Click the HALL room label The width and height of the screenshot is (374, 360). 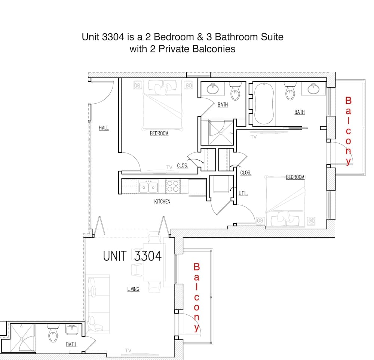click(x=104, y=128)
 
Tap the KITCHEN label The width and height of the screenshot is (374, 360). click(x=162, y=201)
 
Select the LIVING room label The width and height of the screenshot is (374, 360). click(x=133, y=289)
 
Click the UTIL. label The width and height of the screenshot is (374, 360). click(x=243, y=193)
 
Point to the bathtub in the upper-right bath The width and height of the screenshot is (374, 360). click(x=264, y=104)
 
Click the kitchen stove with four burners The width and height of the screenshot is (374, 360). click(x=173, y=186)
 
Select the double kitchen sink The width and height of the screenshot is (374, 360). click(x=148, y=186)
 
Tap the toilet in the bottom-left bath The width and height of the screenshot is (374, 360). click(x=53, y=333)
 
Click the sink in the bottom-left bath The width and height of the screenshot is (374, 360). click(x=72, y=330)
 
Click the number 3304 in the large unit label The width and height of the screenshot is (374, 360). click(x=148, y=256)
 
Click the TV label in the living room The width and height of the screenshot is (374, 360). click(x=128, y=350)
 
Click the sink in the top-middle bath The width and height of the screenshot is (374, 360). click(x=212, y=89)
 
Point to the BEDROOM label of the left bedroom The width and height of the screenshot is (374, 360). click(x=159, y=133)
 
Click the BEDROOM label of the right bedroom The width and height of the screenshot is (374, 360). click(x=295, y=177)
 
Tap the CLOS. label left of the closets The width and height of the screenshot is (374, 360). click(x=183, y=165)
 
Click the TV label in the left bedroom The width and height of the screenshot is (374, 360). click(x=169, y=167)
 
